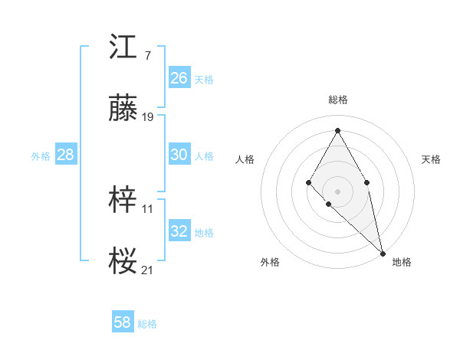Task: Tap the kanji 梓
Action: click(123, 201)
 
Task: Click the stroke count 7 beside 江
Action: click(147, 55)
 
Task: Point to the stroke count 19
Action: click(148, 117)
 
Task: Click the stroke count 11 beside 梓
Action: click(148, 208)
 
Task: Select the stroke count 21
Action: click(148, 270)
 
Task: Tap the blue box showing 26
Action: click(179, 77)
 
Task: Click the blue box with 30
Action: click(179, 154)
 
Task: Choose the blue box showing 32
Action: click(179, 231)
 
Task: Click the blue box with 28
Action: click(65, 155)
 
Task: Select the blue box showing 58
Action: click(123, 322)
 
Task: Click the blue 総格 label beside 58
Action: click(147, 324)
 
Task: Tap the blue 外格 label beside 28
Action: click(41, 156)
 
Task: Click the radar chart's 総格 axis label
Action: click(338, 100)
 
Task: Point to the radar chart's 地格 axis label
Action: click(402, 262)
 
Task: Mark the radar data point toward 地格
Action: click(383, 253)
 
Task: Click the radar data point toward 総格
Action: click(337, 131)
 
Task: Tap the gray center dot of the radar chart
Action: click(337, 191)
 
